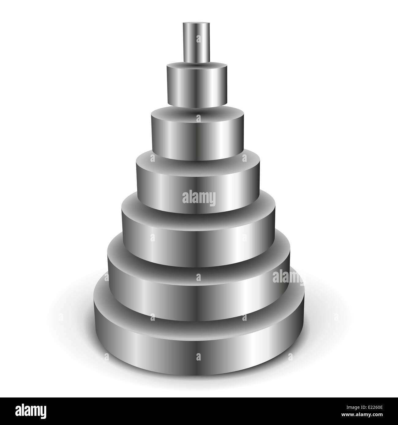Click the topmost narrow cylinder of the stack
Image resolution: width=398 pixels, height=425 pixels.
tap(197, 43)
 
